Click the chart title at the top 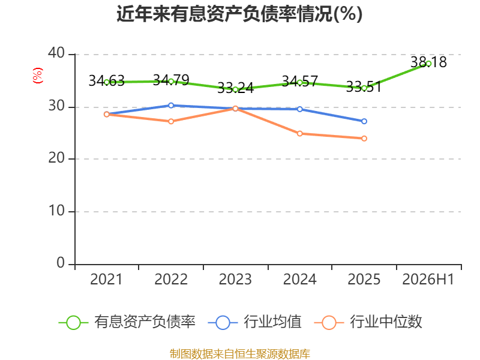[239, 14]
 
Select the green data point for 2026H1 [428, 64]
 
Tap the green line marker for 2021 [107, 82]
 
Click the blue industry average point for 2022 [171, 106]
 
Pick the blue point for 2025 [364, 121]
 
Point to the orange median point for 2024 [299, 133]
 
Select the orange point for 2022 [171, 121]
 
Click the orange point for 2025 [364, 139]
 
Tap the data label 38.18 [428, 62]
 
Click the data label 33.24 [235, 88]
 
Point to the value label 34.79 [171, 80]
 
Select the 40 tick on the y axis [56, 53]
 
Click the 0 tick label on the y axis [61, 263]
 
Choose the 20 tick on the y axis [56, 158]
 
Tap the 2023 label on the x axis [235, 279]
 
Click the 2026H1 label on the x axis [428, 279]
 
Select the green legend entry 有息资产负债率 [127, 322]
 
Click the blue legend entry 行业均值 [254, 322]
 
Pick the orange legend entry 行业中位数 [368, 322]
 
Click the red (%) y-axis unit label [38, 76]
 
